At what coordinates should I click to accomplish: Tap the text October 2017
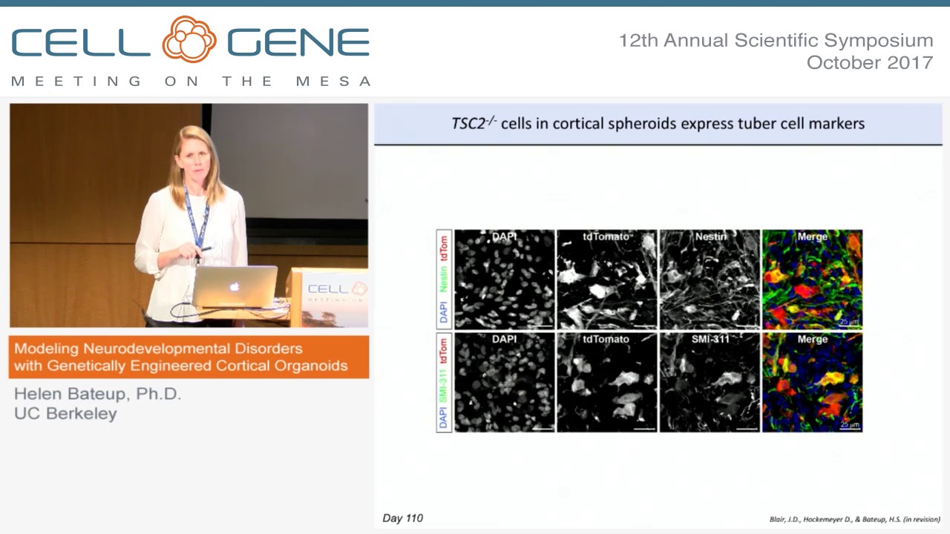869,63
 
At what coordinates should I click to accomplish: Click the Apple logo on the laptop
235,286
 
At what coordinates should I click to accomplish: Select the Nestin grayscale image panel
710,280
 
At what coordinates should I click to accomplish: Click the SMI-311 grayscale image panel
710,382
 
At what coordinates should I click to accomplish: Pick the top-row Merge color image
812,280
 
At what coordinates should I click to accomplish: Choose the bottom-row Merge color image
812,382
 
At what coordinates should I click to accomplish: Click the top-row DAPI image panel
505,280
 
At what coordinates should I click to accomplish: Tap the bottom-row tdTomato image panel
607,382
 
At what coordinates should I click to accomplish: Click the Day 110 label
402,518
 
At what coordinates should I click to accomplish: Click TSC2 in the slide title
469,123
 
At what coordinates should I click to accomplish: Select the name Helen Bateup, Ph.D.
97,394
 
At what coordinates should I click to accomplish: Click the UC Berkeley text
65,414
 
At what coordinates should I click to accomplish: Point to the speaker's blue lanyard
196,215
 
